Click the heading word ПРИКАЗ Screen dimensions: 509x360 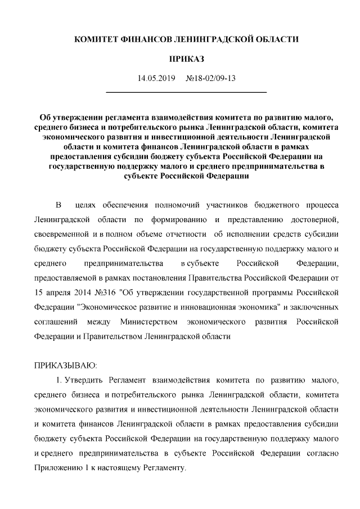pyautogui.click(x=186, y=58)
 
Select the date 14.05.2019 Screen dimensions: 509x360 pyautogui.click(x=157, y=78)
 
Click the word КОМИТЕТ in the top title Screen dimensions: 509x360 pyautogui.click(x=95, y=40)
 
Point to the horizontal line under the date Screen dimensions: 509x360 pyautogui.click(x=186, y=92)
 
